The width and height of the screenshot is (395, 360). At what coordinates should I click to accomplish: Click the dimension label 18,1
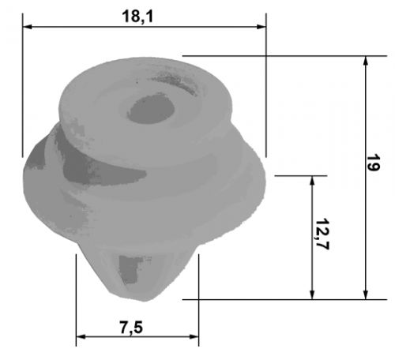click(137, 17)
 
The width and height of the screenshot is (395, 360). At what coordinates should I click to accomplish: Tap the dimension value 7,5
click(131, 328)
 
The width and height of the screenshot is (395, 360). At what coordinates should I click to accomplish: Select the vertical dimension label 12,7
click(322, 234)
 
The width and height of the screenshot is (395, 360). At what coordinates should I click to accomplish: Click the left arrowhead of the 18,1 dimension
click(28, 27)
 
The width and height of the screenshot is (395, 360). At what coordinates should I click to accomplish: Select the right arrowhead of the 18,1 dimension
click(261, 27)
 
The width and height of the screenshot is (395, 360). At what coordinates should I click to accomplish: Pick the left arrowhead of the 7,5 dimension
click(81, 336)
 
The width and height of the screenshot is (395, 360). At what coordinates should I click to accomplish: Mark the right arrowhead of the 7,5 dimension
click(194, 336)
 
